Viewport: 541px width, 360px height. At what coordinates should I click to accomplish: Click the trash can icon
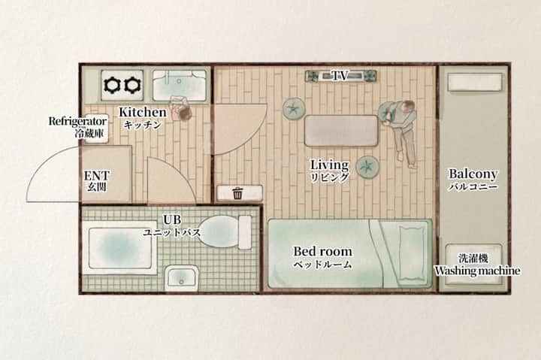[237, 193]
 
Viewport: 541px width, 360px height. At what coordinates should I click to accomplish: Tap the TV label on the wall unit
[340, 76]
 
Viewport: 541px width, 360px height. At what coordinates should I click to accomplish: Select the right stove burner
[133, 85]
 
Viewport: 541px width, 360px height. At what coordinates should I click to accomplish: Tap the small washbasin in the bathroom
[182, 278]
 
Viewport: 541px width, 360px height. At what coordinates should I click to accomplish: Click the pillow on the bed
[413, 253]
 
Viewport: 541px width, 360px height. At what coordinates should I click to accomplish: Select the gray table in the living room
[341, 132]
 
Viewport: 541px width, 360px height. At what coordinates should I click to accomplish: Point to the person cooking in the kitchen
[180, 108]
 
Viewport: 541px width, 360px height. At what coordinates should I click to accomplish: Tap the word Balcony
[473, 174]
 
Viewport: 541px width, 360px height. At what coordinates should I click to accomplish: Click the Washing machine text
[477, 271]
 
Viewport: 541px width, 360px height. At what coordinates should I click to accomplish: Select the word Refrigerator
[77, 122]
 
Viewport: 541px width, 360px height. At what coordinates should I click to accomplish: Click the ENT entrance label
[97, 176]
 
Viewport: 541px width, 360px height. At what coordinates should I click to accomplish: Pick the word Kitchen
[143, 112]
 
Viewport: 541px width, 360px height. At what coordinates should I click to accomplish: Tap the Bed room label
[322, 251]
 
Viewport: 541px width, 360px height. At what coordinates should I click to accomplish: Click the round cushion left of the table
[294, 109]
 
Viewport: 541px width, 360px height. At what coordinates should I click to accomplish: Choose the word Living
[330, 165]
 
